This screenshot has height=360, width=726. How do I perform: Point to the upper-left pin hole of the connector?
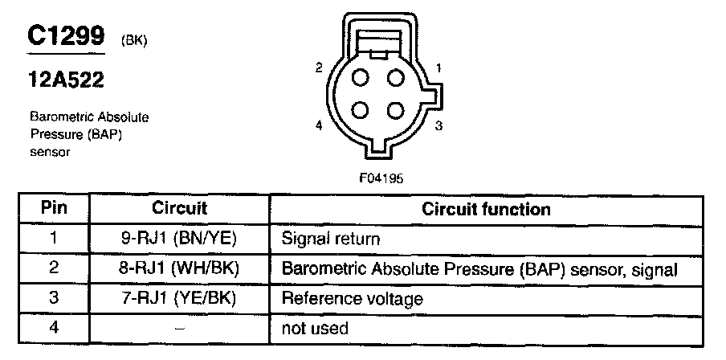tap(361, 78)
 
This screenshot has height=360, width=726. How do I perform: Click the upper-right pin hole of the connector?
tap(394, 78)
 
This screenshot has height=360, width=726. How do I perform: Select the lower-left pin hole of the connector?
tap(361, 110)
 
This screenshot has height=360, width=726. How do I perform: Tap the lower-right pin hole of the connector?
tap(394, 110)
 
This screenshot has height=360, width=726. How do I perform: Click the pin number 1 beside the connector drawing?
tap(438, 68)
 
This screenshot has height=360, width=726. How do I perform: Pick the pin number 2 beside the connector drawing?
tap(319, 68)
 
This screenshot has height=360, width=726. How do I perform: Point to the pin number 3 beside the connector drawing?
tap(438, 125)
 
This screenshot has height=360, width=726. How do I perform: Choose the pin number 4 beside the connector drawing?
tap(319, 125)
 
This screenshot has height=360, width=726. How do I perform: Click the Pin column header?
tap(53, 208)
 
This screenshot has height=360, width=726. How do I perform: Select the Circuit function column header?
tap(487, 209)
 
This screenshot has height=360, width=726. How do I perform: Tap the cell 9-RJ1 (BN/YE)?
tap(180, 239)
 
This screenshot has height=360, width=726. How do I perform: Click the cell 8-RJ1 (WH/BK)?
tap(180, 268)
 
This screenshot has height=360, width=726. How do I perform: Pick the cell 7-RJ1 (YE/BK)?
tap(180, 298)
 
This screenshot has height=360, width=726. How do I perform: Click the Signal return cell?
tap(330, 239)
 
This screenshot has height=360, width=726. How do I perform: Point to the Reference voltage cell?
tap(352, 299)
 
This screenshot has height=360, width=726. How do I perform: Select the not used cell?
tap(314, 329)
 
